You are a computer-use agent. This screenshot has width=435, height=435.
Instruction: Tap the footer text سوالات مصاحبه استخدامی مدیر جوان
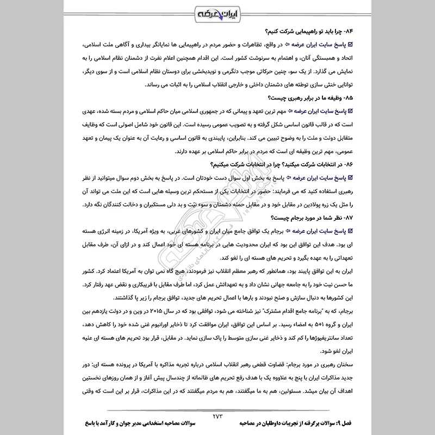coord(135,422)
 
